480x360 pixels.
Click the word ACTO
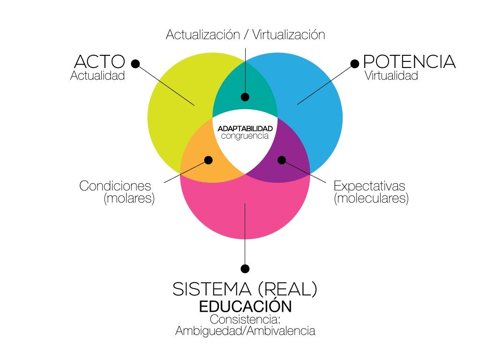coord(100,61)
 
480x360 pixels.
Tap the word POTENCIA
coord(409,61)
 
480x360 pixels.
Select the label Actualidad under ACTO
coord(97,75)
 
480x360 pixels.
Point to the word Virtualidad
coord(391,75)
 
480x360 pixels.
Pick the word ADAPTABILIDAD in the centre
coord(245,128)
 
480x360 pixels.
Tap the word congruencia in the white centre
coord(245,136)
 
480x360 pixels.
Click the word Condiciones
coord(115,186)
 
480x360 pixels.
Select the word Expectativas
coord(369,186)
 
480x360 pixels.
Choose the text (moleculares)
coord(371,198)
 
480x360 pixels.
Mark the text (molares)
coord(129,198)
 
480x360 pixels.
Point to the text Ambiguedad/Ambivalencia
coord(245,331)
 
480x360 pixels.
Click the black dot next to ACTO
coord(135,63)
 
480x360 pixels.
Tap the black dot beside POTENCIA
coord(355,63)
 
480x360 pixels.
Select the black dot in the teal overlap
coord(245,97)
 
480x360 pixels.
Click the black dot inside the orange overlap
coord(208,160)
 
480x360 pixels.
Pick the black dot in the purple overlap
coord(281,160)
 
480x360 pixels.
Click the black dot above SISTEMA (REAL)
coord(245,269)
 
